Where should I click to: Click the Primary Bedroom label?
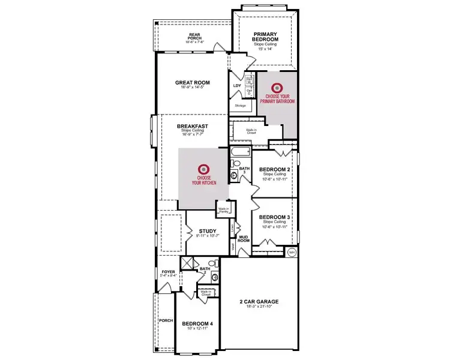(x=265, y=37)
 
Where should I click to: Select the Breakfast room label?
(x=193, y=126)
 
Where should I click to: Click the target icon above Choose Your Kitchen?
(x=203, y=169)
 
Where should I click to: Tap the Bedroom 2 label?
(x=275, y=169)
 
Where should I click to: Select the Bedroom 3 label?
(x=275, y=217)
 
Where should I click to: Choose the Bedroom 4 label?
(x=197, y=323)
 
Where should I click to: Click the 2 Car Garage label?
(x=259, y=301)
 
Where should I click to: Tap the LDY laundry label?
(x=236, y=86)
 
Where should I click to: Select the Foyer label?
(x=168, y=272)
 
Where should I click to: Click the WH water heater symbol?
(x=292, y=252)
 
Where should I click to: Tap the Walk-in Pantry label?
(x=224, y=210)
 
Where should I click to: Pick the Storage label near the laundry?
(x=240, y=105)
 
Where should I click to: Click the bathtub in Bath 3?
(x=239, y=151)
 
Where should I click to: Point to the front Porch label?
(x=166, y=320)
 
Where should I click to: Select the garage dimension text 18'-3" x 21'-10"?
(x=259, y=307)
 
